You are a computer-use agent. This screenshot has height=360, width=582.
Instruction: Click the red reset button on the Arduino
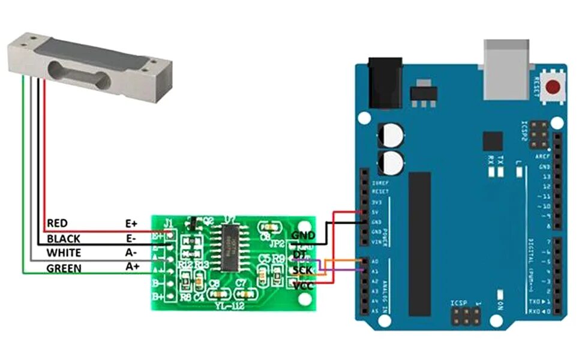pyautogui.click(x=554, y=88)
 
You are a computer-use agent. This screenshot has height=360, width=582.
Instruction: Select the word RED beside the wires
pyautogui.click(x=57, y=223)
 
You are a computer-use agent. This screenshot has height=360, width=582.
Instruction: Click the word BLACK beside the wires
pyautogui.click(x=63, y=238)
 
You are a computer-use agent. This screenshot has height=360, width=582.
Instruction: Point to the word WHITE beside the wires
pyautogui.click(x=64, y=253)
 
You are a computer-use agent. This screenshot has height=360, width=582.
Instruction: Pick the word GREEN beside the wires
pyautogui.click(x=64, y=268)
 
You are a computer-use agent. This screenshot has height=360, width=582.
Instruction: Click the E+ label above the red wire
pyautogui.click(x=132, y=223)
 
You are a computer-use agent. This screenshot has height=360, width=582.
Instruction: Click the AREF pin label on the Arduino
pyautogui.click(x=542, y=156)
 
